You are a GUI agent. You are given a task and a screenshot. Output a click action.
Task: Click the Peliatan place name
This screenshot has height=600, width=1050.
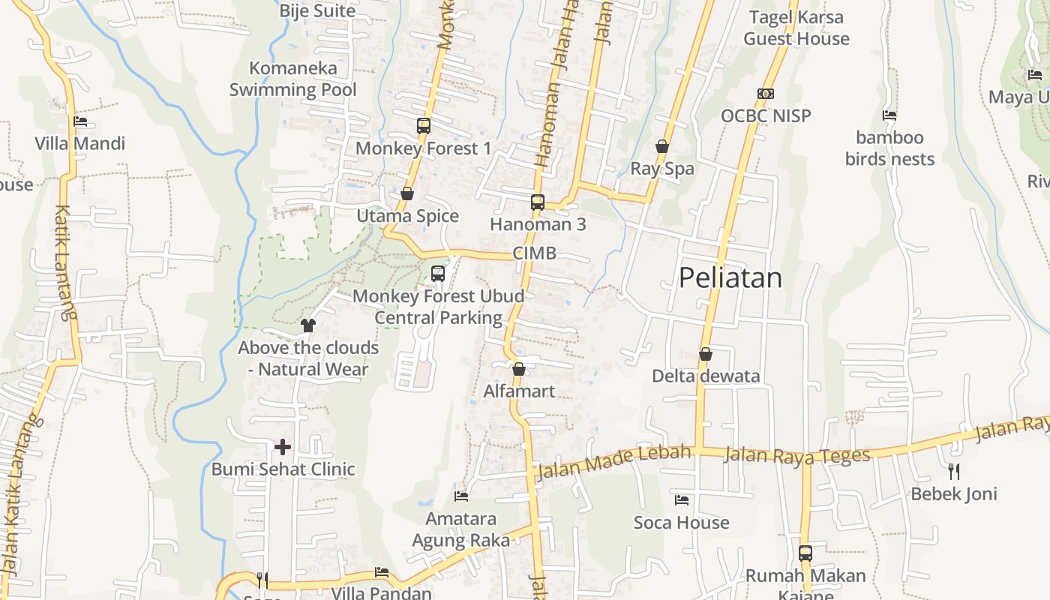pyautogui.click(x=730, y=278)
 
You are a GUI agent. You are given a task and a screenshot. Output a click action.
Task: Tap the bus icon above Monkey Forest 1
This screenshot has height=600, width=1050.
pyautogui.click(x=424, y=126)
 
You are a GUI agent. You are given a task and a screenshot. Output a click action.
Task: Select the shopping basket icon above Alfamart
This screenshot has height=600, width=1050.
pyautogui.click(x=518, y=369)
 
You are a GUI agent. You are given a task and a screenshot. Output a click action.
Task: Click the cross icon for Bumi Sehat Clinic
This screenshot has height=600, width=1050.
pyautogui.click(x=283, y=448)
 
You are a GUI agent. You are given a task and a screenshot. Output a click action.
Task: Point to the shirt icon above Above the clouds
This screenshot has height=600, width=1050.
pyautogui.click(x=308, y=325)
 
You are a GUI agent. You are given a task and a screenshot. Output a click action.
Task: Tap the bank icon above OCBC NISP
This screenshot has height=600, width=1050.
pyautogui.click(x=765, y=94)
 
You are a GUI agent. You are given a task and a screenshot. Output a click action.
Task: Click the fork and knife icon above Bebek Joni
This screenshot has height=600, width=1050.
pyautogui.click(x=954, y=472)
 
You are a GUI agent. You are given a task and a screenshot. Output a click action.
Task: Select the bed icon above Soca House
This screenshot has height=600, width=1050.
pyautogui.click(x=682, y=500)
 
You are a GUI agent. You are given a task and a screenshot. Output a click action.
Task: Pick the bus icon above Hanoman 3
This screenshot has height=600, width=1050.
pyautogui.click(x=538, y=202)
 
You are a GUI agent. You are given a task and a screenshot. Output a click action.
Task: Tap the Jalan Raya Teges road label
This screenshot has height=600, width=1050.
pyautogui.click(x=797, y=455)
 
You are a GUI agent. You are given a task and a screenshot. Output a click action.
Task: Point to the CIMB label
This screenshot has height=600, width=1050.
pyautogui.click(x=535, y=253)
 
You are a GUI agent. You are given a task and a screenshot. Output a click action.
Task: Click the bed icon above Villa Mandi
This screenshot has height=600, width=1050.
pyautogui.click(x=80, y=121)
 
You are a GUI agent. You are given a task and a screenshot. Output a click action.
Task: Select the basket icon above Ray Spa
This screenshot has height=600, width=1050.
pyautogui.click(x=662, y=146)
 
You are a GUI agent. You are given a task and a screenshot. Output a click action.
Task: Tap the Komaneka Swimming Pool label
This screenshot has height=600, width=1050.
pyautogui.click(x=292, y=79)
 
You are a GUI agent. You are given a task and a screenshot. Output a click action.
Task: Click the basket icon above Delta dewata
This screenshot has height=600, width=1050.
pyautogui.click(x=705, y=354)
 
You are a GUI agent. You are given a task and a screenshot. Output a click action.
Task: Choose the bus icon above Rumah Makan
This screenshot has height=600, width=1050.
pyautogui.click(x=805, y=553)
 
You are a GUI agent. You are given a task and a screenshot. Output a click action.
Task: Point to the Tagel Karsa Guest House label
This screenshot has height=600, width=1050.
pyautogui.click(x=796, y=28)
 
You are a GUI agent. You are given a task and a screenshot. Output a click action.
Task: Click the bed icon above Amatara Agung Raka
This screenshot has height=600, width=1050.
pyautogui.click(x=461, y=496)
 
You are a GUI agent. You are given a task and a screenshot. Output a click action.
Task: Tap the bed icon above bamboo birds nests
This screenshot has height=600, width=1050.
pyautogui.click(x=889, y=115)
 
